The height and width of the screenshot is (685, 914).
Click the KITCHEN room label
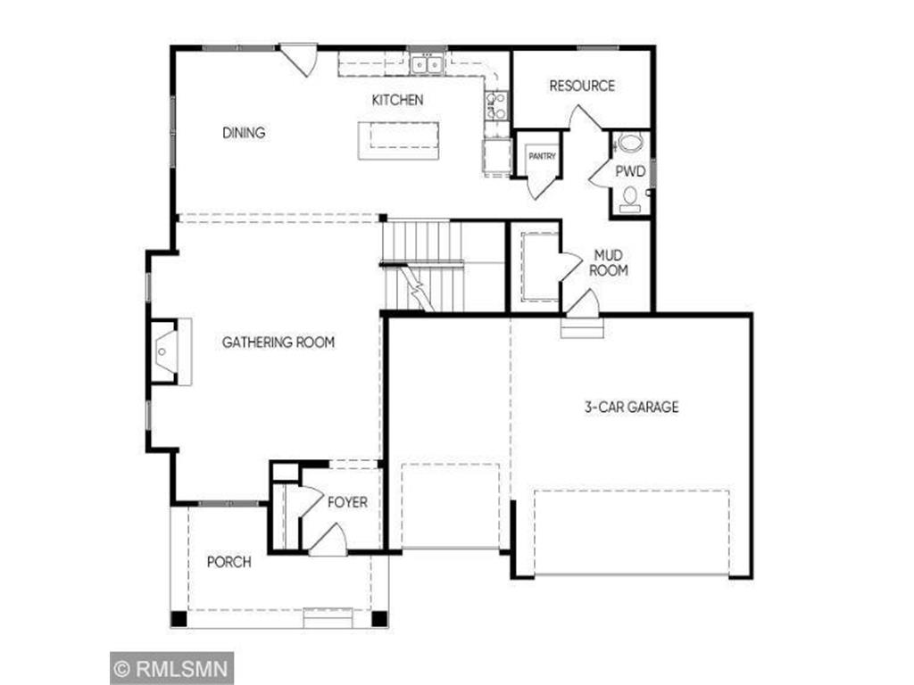pos(397,100)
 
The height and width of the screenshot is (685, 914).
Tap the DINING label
pos(244,133)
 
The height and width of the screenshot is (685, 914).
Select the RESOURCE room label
pos(582,86)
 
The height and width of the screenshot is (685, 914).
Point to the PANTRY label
pos(542,156)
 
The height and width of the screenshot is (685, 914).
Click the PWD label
pos(629,169)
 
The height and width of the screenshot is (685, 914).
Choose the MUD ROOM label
pos(611,262)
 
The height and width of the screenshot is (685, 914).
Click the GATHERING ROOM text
pos(278,342)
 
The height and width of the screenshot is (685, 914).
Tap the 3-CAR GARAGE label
pos(631,407)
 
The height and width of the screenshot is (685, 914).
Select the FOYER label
pos(347,502)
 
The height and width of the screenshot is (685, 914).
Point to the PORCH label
pos(228,562)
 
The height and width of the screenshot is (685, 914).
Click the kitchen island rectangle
pos(399,140)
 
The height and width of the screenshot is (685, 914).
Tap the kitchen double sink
pos(426,64)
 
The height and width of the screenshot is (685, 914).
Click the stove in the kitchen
pos(496,105)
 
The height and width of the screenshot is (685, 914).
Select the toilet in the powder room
pos(630,198)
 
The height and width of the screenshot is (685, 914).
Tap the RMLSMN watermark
pos(172,667)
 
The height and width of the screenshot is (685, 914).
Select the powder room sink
pos(631,143)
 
